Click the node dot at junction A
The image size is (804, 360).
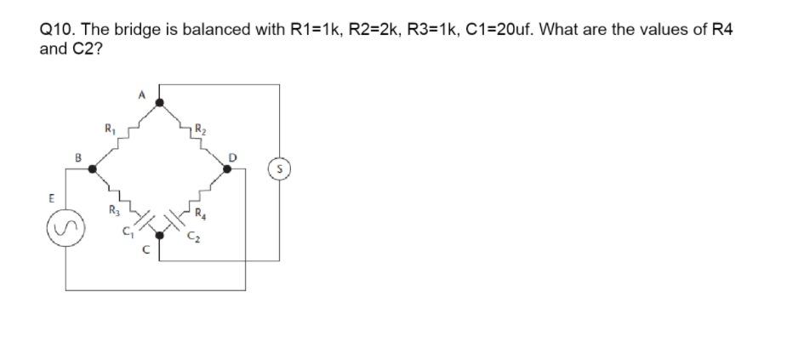[x=160, y=102]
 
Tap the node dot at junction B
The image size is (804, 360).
[x=93, y=169]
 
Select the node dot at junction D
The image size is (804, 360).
[x=227, y=169]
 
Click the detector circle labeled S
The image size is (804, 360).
[x=279, y=169]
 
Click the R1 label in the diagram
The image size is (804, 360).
[x=109, y=129]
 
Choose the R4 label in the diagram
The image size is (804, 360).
[x=200, y=214]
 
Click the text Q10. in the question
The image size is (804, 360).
[x=57, y=30]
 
